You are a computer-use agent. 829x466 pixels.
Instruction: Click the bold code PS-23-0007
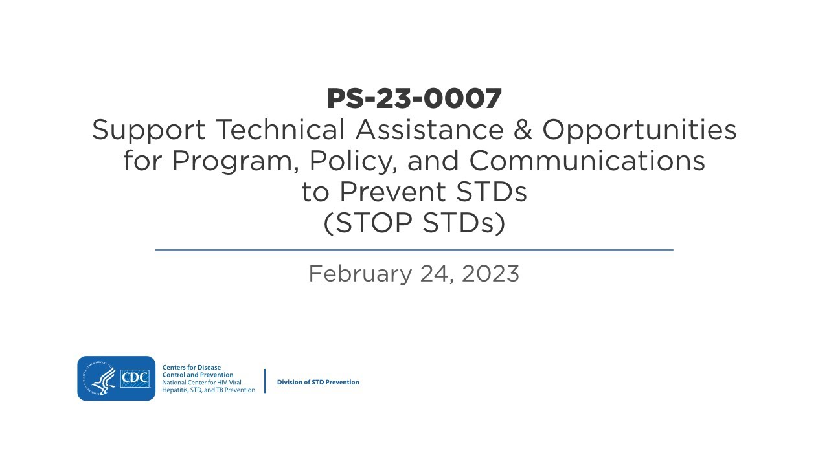pos(414,98)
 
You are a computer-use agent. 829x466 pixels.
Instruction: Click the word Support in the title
pos(148,131)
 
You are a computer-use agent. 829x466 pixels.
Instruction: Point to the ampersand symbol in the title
pos(523,130)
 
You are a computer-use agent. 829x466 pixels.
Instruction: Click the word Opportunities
pos(639,131)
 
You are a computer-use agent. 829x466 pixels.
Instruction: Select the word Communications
pos(587,161)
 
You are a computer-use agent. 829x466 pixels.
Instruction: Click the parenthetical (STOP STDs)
pos(414,223)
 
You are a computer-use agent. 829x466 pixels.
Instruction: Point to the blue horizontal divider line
pos(414,250)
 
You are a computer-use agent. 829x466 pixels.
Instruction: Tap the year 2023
pos(490,274)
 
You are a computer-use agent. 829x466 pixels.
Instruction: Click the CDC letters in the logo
pos(135,377)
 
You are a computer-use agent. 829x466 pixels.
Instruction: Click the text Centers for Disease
pos(192,368)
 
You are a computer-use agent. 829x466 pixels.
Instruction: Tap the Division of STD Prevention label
pos(318,382)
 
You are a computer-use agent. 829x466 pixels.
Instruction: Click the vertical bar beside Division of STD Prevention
pos(265,381)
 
